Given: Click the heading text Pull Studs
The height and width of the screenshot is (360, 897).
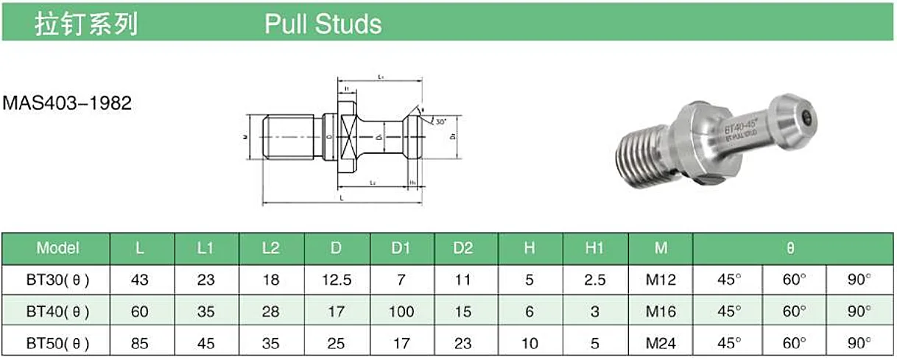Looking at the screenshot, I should click(323, 24).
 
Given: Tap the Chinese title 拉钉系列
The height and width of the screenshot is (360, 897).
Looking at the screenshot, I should click(87, 24).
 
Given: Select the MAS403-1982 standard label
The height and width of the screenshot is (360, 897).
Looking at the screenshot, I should click(67, 103).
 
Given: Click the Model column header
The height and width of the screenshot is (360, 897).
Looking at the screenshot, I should click(57, 248).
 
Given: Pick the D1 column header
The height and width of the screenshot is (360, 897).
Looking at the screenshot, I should click(401, 248).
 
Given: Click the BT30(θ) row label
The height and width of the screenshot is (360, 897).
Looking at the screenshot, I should click(57, 280).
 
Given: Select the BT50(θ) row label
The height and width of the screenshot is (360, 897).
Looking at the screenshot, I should click(57, 343).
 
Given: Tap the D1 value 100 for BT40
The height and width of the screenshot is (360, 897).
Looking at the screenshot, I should click(401, 312).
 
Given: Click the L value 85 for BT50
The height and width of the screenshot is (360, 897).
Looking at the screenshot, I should click(140, 343).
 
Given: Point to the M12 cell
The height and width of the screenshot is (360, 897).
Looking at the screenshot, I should click(661, 280).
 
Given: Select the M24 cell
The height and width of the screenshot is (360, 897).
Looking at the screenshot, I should click(661, 343).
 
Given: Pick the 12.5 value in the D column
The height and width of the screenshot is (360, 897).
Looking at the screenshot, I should click(336, 280).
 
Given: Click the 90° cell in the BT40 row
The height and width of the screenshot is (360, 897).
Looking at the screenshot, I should click(859, 312).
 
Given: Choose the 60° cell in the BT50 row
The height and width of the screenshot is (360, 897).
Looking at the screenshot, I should click(793, 343).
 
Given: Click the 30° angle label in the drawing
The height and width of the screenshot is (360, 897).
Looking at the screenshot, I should click(440, 121).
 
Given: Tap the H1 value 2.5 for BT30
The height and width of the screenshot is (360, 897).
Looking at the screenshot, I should click(594, 280).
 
